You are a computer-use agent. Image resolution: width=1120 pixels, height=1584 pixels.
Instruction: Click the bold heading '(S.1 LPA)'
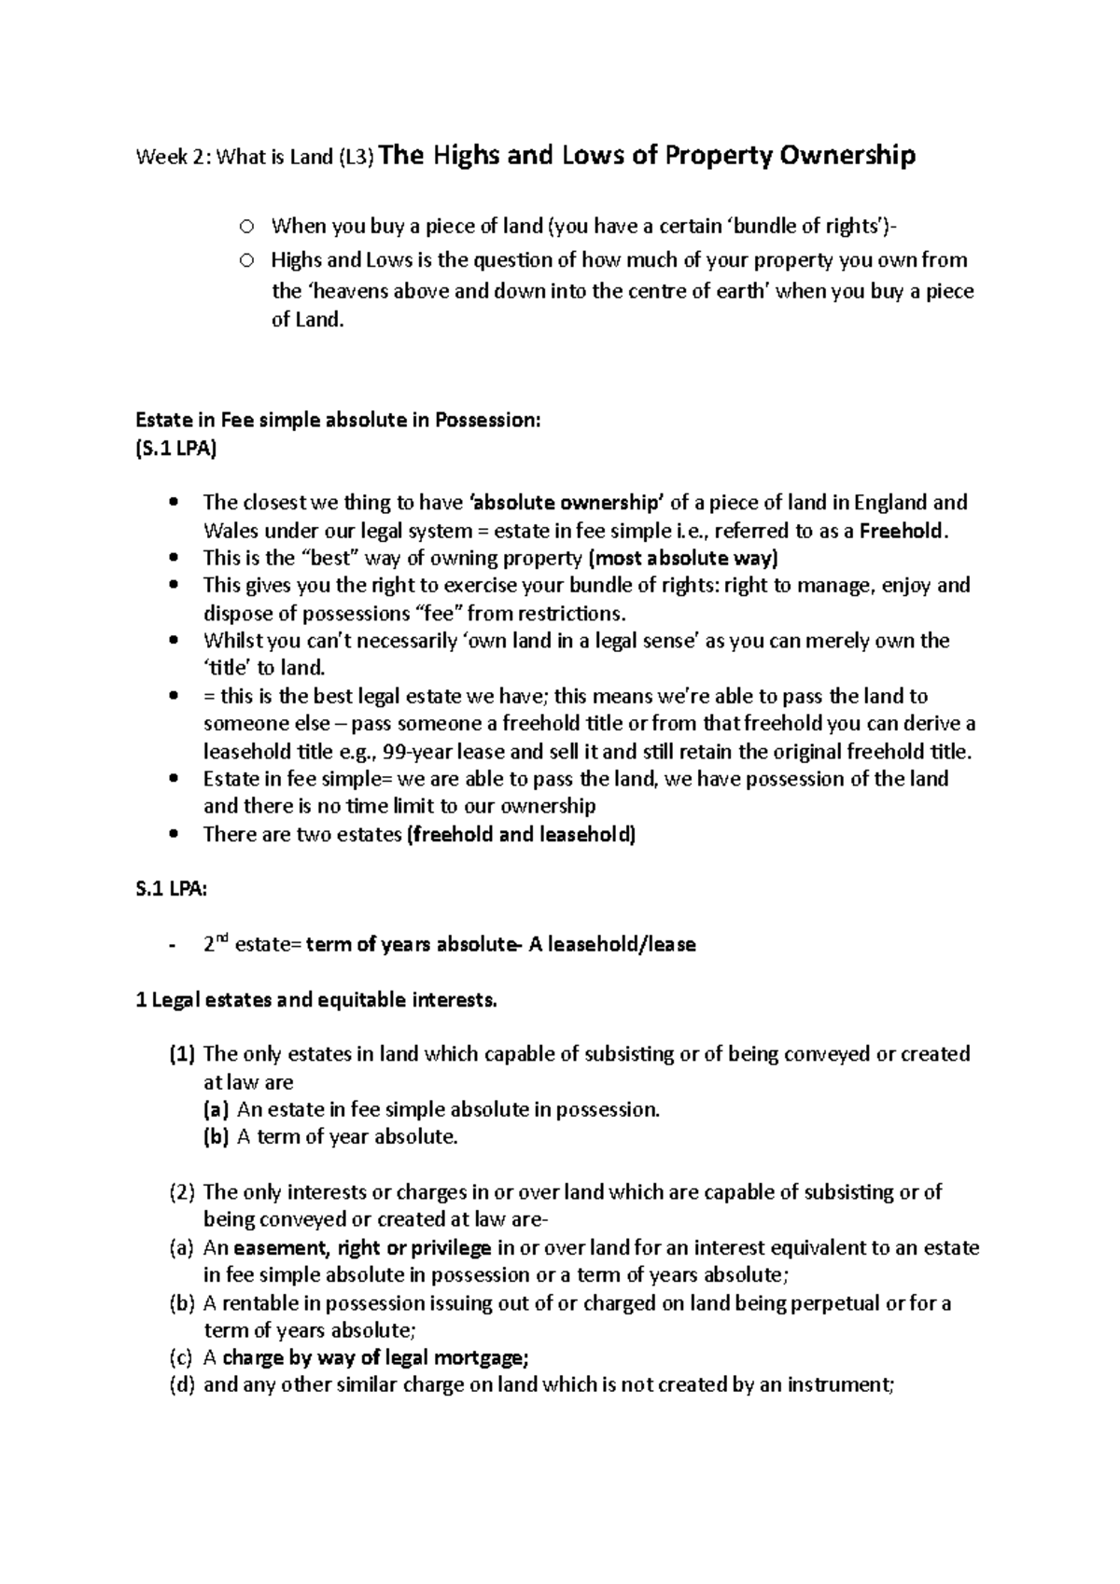tap(175, 448)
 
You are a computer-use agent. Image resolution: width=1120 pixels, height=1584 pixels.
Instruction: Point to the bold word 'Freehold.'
tap(903, 531)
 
